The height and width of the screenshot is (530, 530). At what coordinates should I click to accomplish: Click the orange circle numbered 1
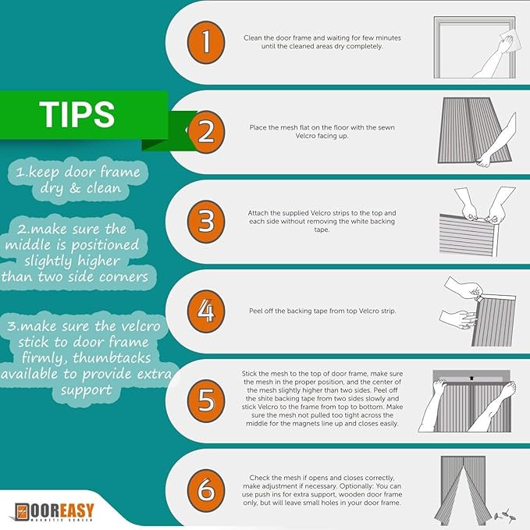[x=206, y=42]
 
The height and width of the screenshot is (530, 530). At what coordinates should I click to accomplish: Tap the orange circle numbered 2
[x=206, y=132]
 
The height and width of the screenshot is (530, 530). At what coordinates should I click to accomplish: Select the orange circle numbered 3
[x=206, y=222]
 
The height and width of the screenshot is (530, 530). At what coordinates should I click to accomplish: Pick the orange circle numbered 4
[x=206, y=311]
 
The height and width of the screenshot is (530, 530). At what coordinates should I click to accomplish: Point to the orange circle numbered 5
[x=206, y=401]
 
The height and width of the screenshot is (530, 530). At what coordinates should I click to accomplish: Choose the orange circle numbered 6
[x=206, y=490]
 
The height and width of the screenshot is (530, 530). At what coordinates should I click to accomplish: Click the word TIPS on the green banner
[x=77, y=114]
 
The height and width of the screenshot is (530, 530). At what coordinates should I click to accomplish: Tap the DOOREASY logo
[x=54, y=512]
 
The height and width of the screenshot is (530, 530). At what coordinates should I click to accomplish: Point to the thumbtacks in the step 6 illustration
[x=505, y=514]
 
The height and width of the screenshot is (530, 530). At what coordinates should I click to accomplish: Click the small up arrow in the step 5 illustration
[x=471, y=379]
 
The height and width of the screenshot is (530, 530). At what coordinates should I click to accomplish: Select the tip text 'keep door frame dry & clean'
[x=78, y=180]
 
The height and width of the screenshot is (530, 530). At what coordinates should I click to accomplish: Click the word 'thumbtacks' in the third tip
[x=112, y=357]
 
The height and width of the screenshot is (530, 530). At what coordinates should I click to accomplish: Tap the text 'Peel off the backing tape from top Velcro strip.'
[x=322, y=311]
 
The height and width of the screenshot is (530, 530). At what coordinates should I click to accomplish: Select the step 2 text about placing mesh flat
[x=322, y=131]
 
